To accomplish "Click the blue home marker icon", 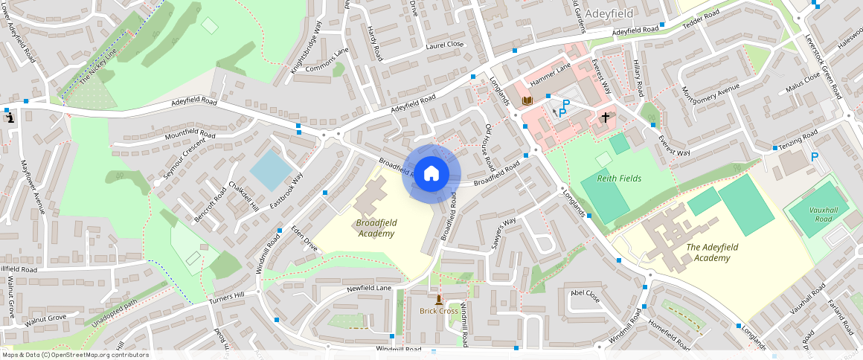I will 431,173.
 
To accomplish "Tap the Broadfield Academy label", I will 376,228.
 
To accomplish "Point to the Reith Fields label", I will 619,179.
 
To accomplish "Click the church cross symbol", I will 606,117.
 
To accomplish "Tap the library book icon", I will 527,100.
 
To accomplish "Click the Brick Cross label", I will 438,311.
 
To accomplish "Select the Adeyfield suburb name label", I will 609,13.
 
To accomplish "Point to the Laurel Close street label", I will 444,45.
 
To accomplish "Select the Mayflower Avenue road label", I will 33,187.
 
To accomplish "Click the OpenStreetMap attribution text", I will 74,355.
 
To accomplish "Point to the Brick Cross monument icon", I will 439,300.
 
